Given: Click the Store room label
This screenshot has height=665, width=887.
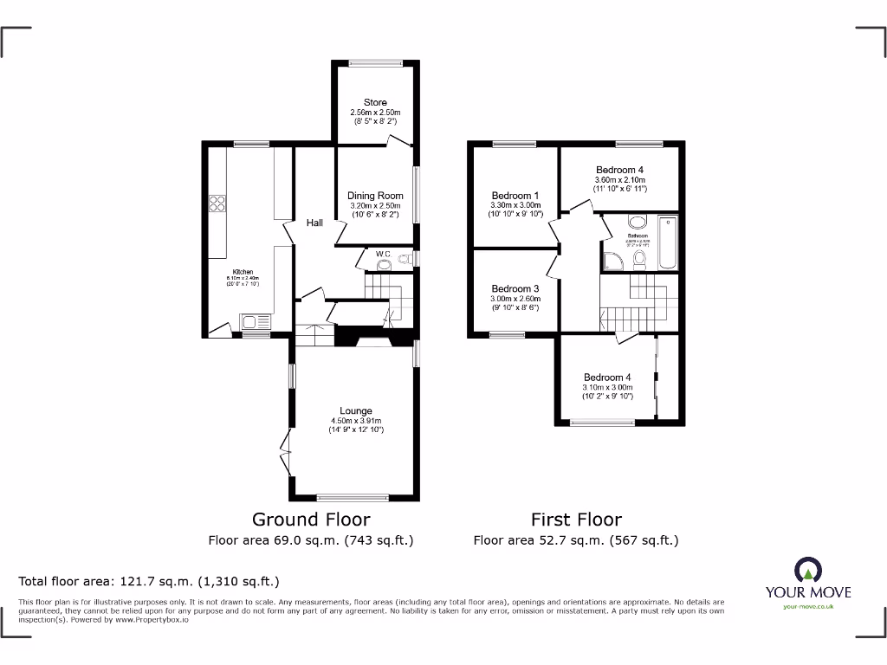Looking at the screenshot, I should (375, 102).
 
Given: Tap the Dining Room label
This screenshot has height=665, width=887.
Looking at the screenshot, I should (375, 196).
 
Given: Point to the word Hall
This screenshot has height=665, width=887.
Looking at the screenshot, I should (314, 223).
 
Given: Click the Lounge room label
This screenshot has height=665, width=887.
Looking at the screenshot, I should (356, 410).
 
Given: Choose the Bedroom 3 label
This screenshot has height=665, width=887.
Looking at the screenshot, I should (515, 288).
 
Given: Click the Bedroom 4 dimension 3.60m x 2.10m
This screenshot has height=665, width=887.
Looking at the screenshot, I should (619, 179).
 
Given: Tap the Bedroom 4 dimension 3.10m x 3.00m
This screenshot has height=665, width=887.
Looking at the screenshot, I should (607, 387).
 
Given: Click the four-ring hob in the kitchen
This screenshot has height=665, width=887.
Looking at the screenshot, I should (217, 204).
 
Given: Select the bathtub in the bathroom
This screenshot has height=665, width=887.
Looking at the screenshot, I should (666, 243).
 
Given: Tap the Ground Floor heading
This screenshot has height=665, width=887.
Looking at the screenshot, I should (311, 520).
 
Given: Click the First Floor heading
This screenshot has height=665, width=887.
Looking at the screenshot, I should (576, 520).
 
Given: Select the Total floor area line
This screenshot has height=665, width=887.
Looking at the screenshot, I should (149, 581).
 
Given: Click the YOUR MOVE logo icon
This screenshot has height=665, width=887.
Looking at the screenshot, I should (807, 570).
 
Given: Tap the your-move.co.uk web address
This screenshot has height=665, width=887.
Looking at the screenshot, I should (807, 606).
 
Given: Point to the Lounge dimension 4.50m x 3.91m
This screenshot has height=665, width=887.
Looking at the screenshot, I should (356, 421).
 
